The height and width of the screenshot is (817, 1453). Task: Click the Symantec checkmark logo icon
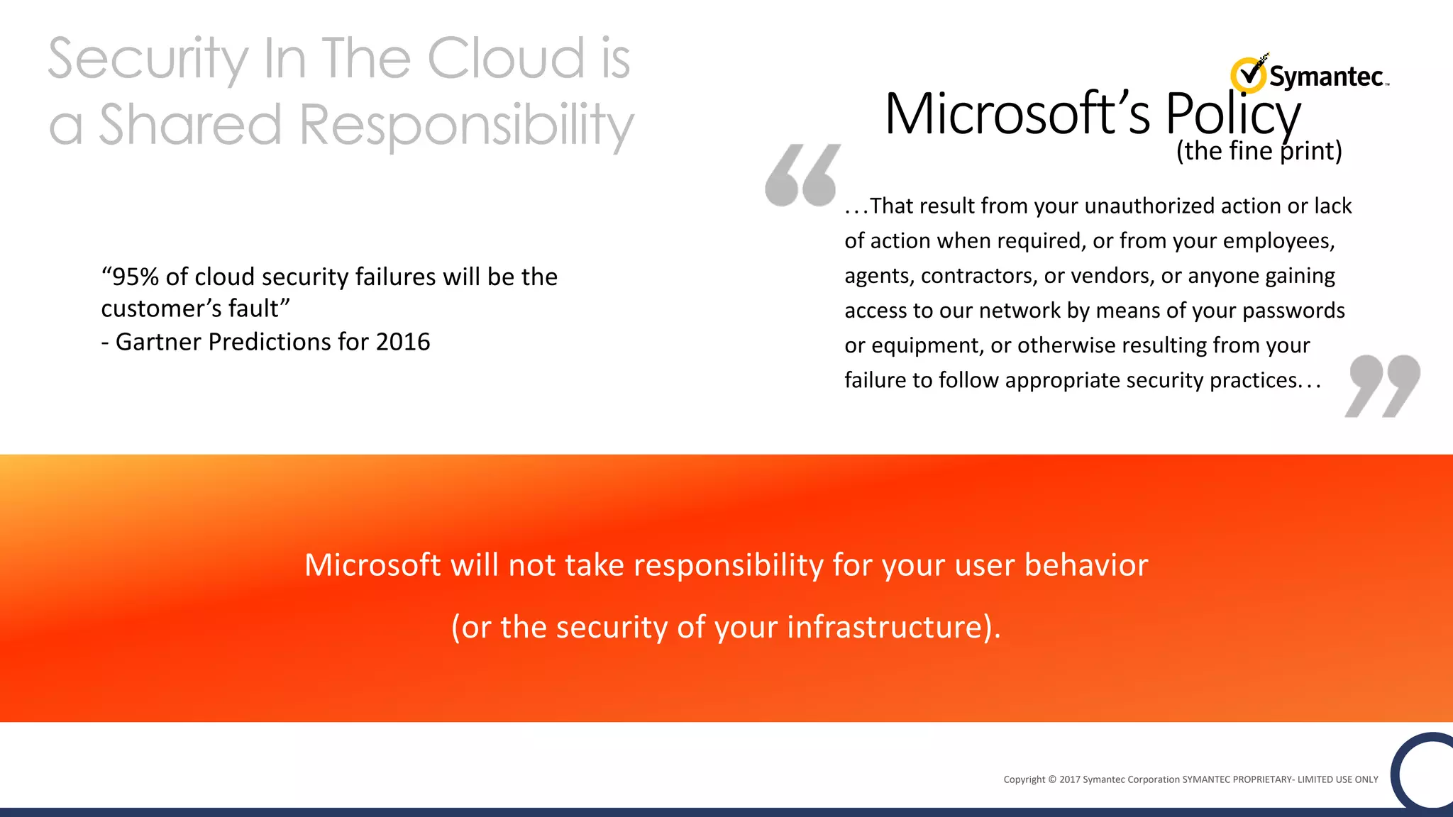1249,74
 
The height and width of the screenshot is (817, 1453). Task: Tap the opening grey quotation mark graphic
802,175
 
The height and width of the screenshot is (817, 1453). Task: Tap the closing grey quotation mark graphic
1382,386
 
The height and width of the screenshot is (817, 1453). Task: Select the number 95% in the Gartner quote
136,277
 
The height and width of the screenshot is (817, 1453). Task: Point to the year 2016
403,342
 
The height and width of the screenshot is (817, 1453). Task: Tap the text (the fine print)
1259,151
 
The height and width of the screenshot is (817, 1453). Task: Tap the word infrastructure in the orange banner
885,627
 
